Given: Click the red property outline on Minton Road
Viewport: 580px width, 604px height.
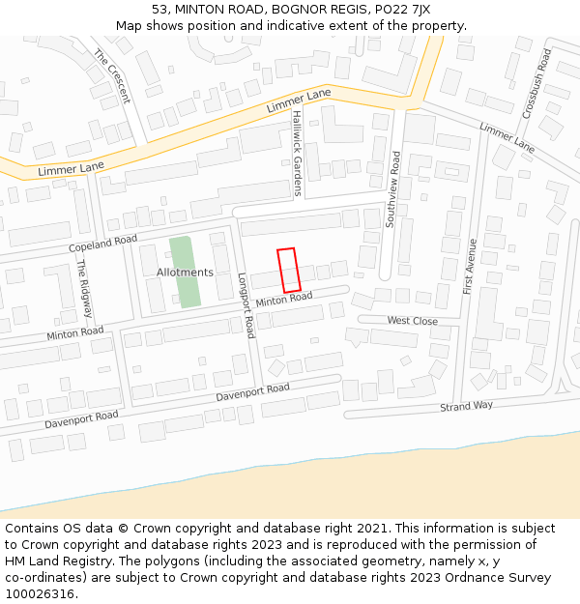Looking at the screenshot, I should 287,270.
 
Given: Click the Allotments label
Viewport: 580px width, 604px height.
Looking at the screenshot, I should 185,273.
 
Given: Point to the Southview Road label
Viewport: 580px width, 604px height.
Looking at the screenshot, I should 392,189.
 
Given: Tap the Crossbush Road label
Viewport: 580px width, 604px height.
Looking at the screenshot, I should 536,84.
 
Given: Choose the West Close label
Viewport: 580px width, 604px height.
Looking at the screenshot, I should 412,321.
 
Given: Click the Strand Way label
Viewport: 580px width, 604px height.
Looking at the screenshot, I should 466,407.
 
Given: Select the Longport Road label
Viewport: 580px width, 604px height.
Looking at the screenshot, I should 245,304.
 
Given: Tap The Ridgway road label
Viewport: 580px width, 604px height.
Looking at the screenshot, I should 86,288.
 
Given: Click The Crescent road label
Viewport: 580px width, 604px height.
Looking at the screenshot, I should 111,76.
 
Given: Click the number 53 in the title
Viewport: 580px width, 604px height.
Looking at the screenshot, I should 159,9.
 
